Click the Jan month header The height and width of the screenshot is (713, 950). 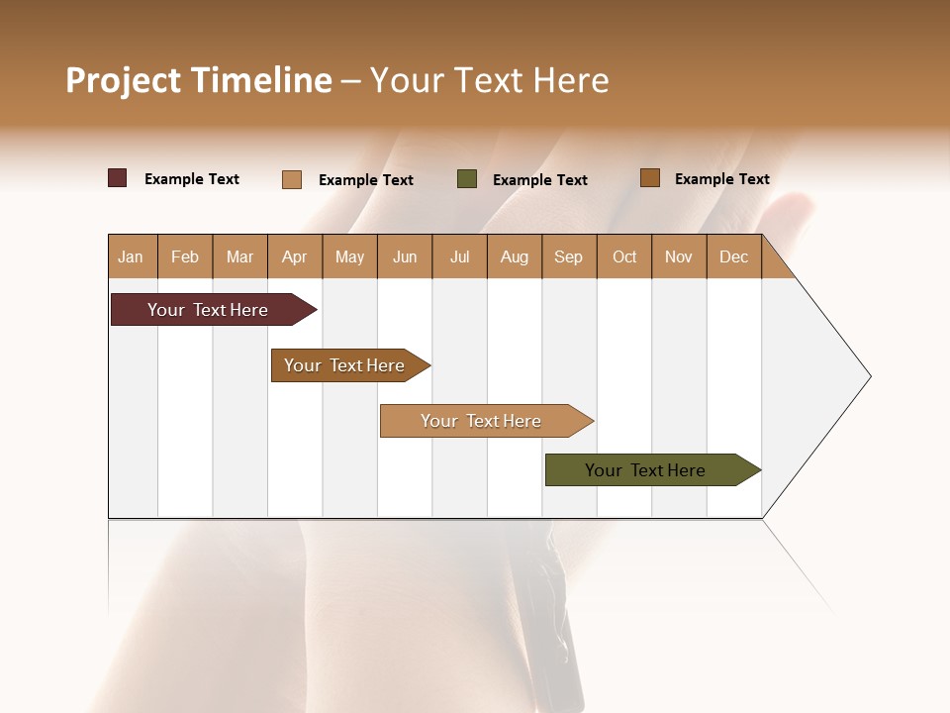coord(132,257)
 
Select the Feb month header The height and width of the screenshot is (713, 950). coord(185,257)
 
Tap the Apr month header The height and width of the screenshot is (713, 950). coord(295,257)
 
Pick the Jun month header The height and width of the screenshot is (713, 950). coord(405,257)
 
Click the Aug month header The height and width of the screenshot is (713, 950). coord(515,257)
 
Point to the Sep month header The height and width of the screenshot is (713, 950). coord(569,257)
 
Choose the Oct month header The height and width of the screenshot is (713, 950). coord(624,257)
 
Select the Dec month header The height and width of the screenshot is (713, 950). coord(734,257)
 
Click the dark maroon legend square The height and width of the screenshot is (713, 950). coord(118,178)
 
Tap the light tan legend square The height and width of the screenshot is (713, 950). coord(292,179)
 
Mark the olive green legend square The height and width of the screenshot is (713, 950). coord(467,179)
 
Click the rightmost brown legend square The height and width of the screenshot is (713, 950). coord(650,178)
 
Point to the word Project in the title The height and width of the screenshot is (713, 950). coord(122,80)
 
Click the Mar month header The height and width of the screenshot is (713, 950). coord(240,257)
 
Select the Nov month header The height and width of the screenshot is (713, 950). coord(679,257)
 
